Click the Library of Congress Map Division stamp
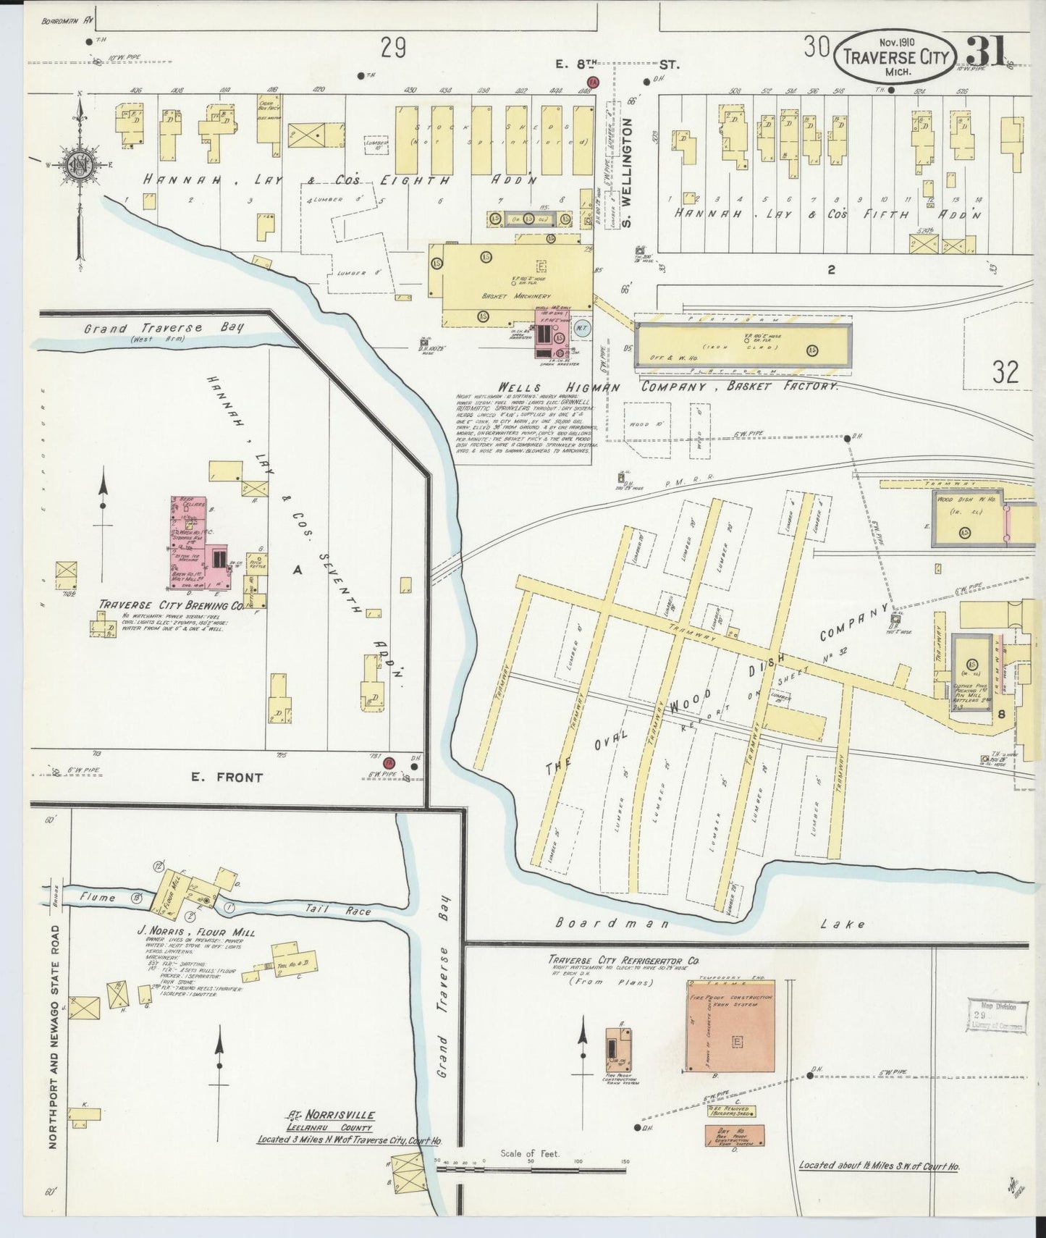998,1016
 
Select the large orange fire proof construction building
730,1026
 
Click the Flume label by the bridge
98,898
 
